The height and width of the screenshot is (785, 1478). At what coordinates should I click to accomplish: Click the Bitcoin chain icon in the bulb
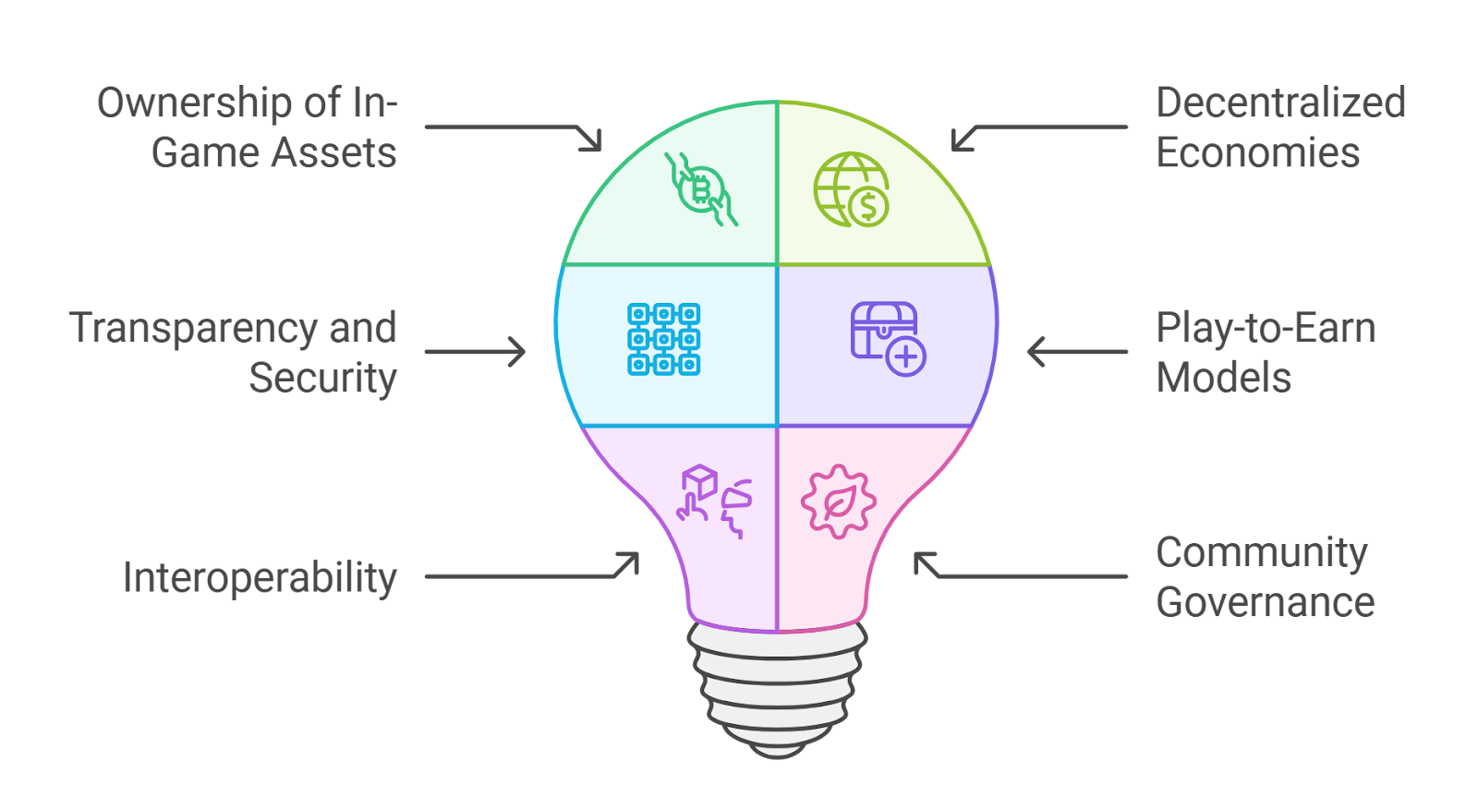click(x=701, y=190)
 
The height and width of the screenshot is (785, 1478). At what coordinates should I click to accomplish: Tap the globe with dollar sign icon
click(x=851, y=190)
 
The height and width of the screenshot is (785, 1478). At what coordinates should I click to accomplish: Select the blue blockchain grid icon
click(x=664, y=339)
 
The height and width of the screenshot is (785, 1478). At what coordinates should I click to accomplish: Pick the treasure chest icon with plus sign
click(x=888, y=339)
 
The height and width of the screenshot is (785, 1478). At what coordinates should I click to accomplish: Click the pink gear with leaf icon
click(x=839, y=502)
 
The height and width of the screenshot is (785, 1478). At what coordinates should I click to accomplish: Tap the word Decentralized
click(x=1280, y=103)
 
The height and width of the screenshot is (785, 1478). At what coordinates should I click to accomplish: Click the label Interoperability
click(x=260, y=578)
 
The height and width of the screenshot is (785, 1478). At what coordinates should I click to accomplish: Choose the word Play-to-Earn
click(x=1266, y=329)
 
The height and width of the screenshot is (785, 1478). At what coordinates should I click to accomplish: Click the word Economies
click(x=1258, y=153)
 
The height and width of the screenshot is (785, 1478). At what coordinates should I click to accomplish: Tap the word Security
click(x=323, y=379)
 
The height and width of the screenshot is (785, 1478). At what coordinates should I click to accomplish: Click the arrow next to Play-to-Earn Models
click(x=1077, y=352)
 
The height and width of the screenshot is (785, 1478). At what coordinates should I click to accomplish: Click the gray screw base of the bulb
click(x=777, y=689)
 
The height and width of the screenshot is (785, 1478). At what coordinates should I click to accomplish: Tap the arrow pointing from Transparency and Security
click(x=475, y=352)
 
